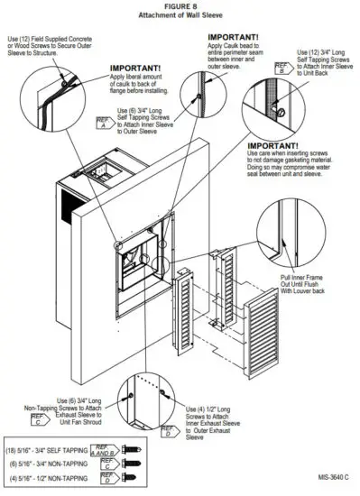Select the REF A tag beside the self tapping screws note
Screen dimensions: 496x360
pyautogui.click(x=105, y=122)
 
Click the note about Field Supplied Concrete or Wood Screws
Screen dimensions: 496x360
pyautogui.click(x=58, y=48)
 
